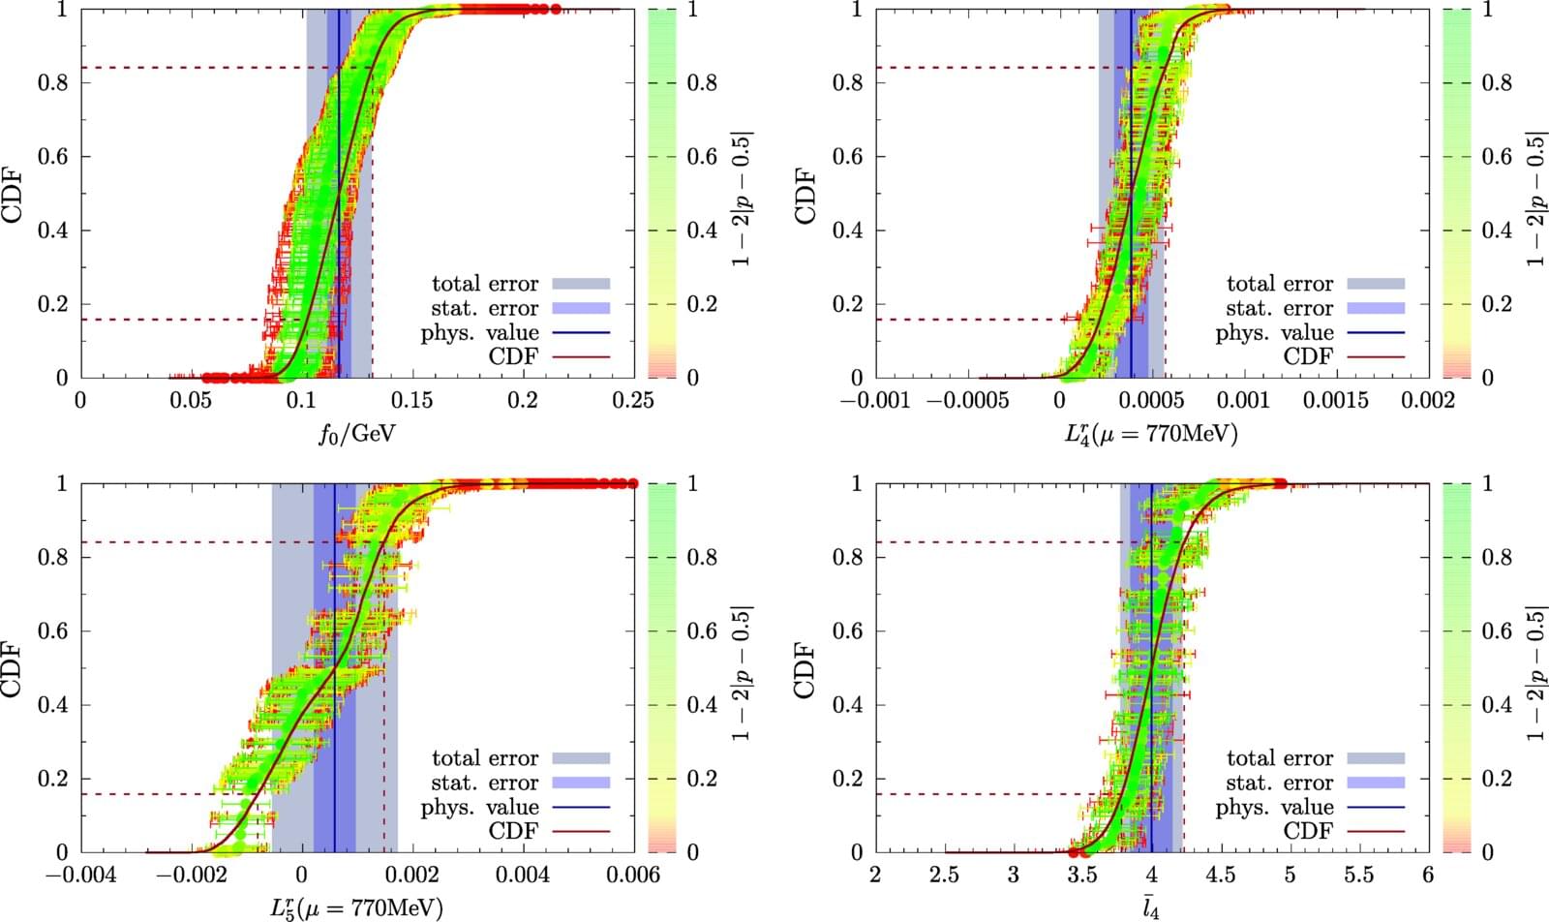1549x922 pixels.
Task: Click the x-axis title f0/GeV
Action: pos(357,432)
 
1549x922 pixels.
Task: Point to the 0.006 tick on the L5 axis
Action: pos(634,876)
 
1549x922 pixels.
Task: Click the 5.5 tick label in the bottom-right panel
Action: pos(1358,876)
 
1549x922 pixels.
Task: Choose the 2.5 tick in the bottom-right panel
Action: pos(944,876)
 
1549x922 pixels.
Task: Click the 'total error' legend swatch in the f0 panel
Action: pos(581,284)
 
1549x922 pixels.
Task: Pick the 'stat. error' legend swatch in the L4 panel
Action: pos(1376,308)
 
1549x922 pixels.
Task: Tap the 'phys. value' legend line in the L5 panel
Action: pos(581,807)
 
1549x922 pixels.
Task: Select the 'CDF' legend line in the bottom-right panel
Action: pos(1376,831)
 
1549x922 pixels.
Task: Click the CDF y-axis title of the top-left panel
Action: pos(14,194)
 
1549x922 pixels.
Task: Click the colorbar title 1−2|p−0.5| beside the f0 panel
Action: pos(742,194)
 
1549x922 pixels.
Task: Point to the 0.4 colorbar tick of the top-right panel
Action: pos(1497,230)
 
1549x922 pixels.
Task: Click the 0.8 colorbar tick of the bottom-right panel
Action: pos(1497,557)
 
